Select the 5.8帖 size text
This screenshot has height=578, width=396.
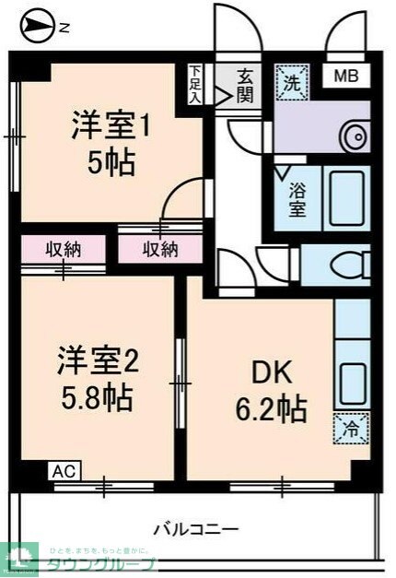[98, 399]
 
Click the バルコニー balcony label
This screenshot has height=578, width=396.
[195, 529]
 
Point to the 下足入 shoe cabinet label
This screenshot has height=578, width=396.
[196, 84]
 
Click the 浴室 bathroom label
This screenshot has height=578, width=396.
[297, 200]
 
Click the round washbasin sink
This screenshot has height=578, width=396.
[354, 138]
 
